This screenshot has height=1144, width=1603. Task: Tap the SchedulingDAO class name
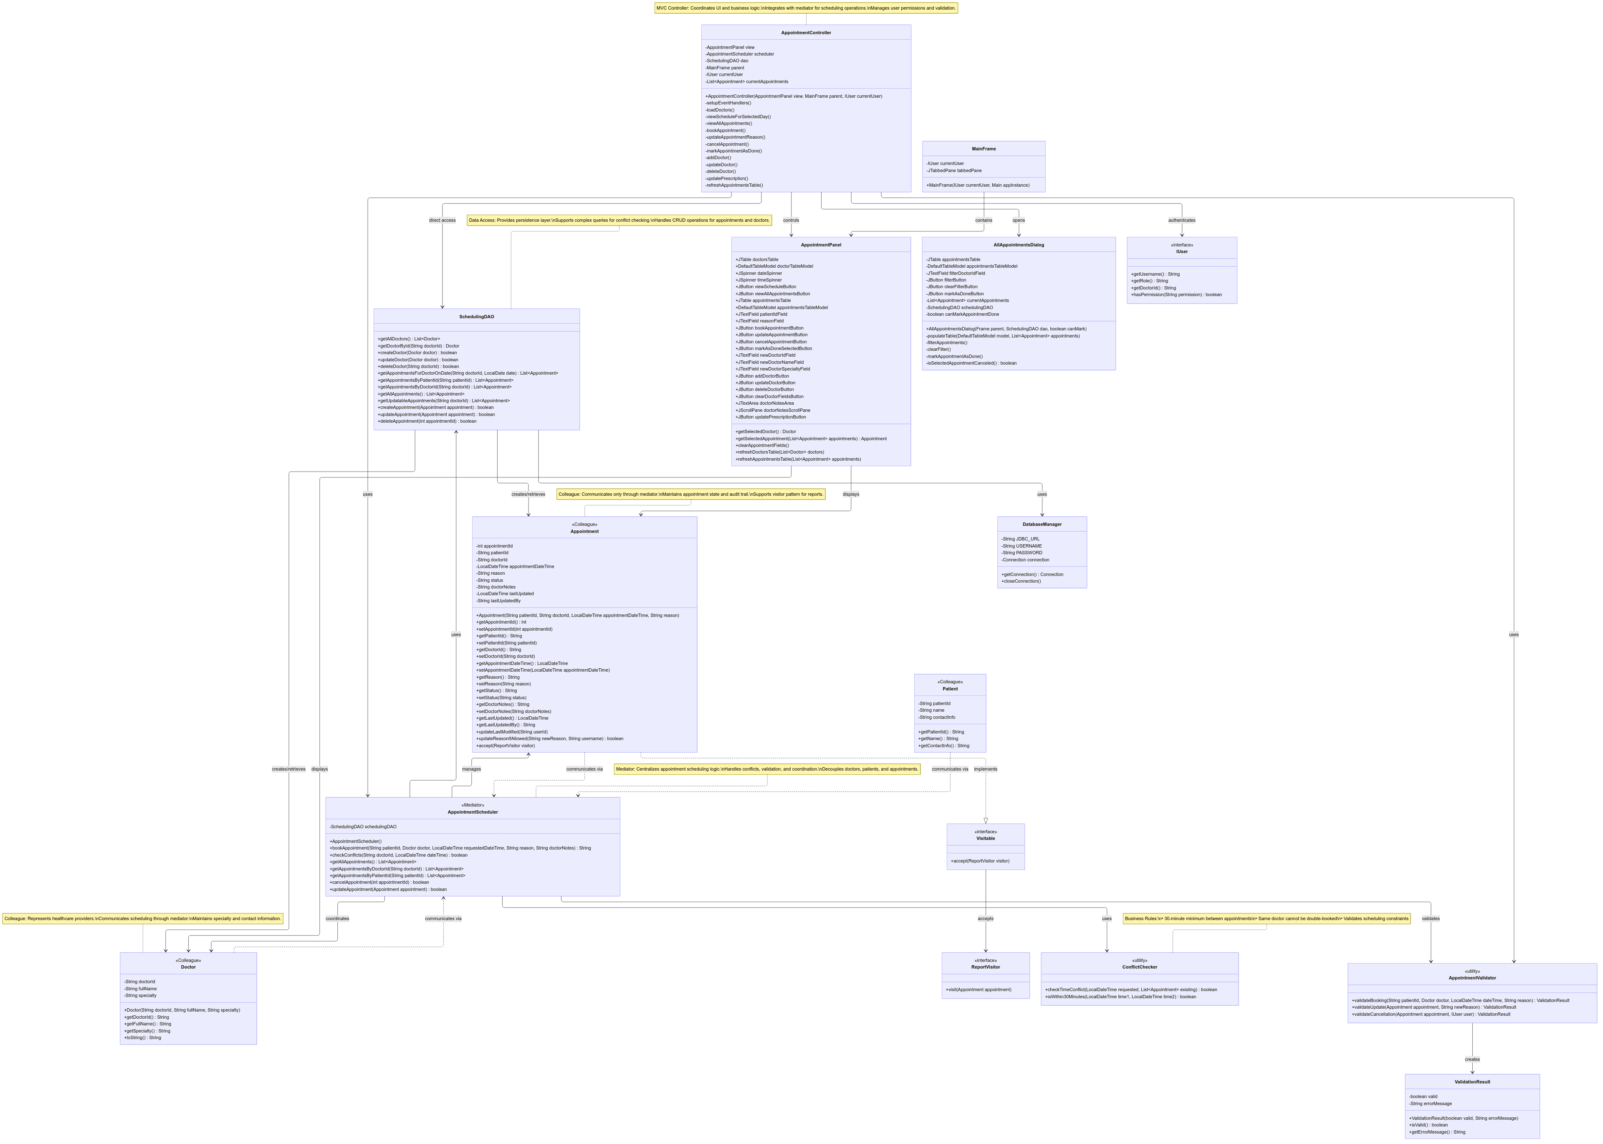477,317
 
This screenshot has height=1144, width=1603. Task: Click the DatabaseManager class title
1042,525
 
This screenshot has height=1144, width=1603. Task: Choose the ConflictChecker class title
1139,967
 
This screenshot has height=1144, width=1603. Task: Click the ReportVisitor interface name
986,967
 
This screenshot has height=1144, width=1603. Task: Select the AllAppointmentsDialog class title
1019,245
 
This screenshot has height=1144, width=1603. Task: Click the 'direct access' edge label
442,221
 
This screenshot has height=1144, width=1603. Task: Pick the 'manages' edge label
471,769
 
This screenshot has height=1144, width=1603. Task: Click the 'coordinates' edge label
337,918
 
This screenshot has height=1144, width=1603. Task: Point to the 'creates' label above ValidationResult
1472,1060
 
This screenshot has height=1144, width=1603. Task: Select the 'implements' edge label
986,769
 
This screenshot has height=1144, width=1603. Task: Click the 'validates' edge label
1431,918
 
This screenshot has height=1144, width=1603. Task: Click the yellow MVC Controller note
806,8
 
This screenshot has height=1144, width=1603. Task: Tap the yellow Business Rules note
1267,918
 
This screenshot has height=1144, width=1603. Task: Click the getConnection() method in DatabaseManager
1032,575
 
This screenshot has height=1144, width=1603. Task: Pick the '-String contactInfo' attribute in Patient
937,717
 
